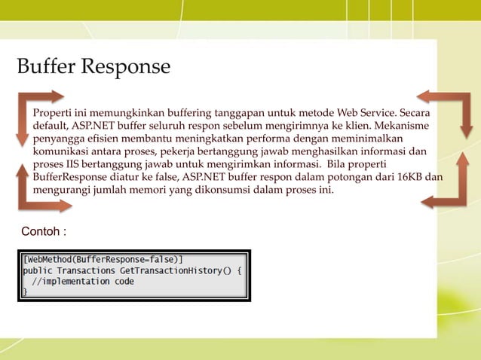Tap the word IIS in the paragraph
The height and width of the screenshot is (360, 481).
point(72,164)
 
